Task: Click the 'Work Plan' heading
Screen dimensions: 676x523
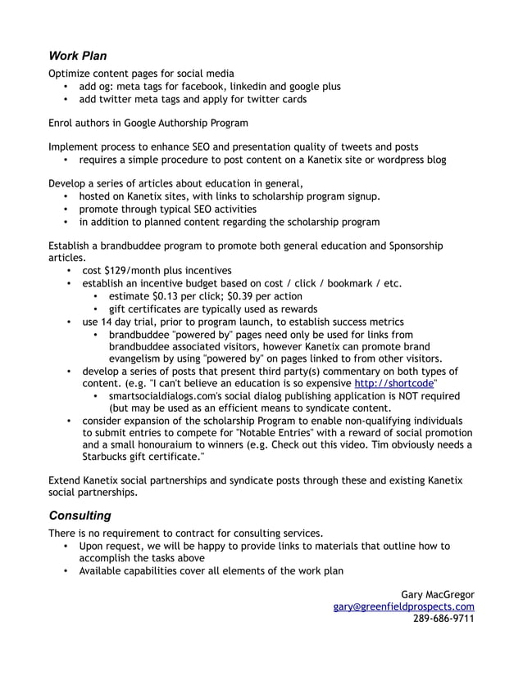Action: (x=78, y=56)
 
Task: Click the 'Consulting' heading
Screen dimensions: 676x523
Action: (x=80, y=516)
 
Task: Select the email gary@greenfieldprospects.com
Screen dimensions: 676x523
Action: (x=403, y=606)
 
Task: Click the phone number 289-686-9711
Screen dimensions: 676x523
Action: (x=443, y=620)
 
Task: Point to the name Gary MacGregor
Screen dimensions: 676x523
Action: (x=437, y=593)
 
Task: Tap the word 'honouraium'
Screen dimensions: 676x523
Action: (x=166, y=444)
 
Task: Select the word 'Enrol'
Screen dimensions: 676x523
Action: (x=63, y=123)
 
